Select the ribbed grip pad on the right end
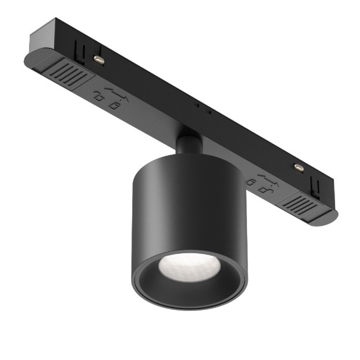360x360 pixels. click(305, 204)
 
